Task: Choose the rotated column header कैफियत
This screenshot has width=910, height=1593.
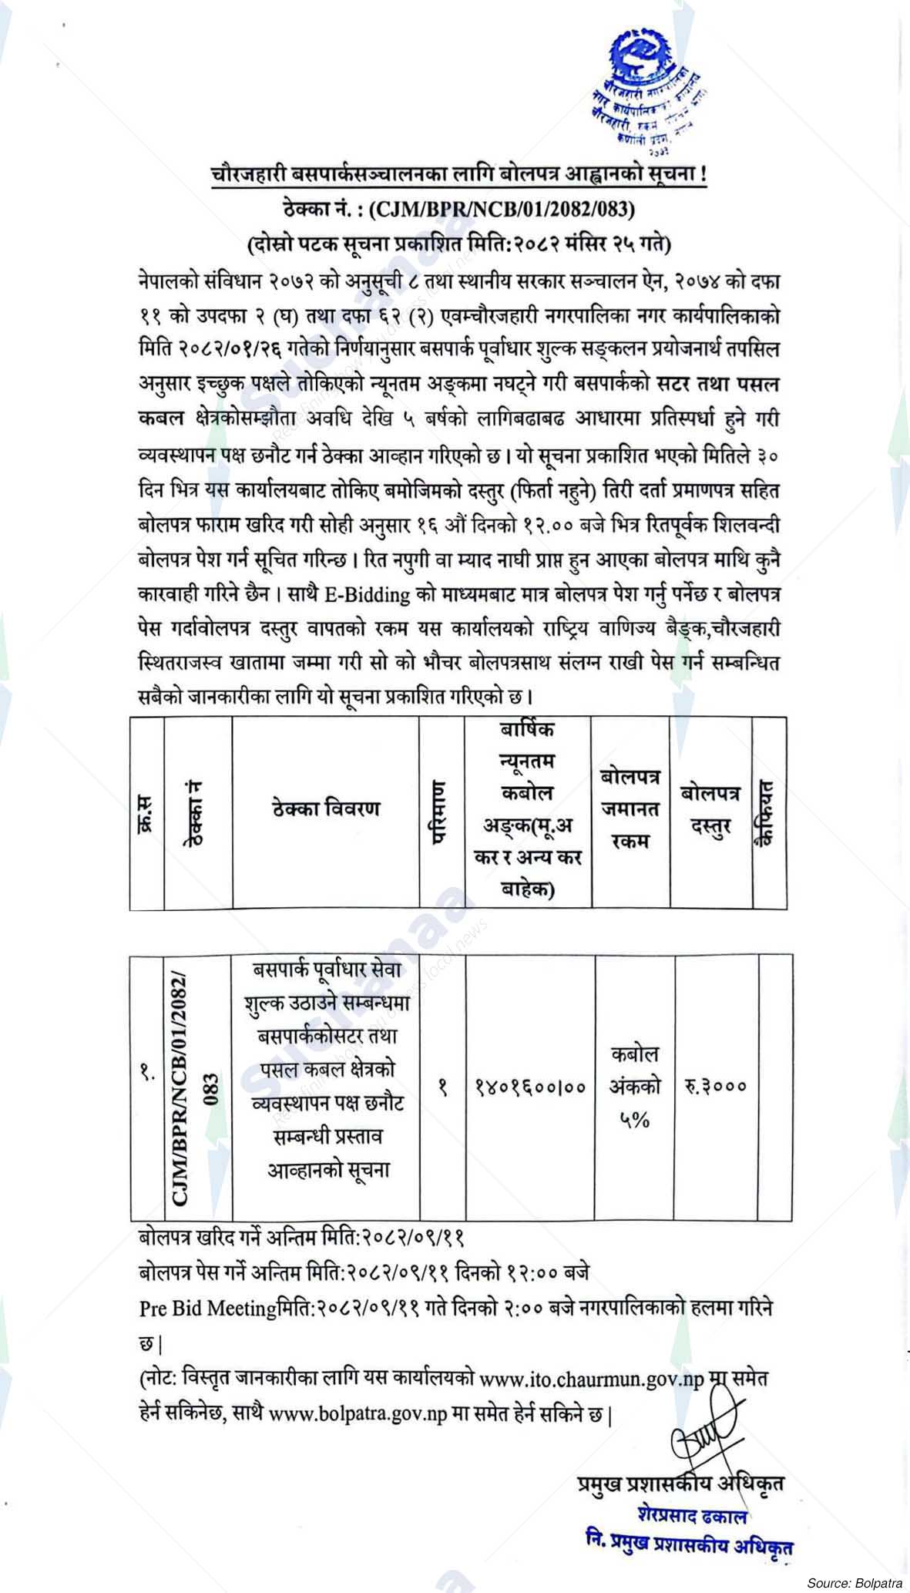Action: point(767,812)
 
